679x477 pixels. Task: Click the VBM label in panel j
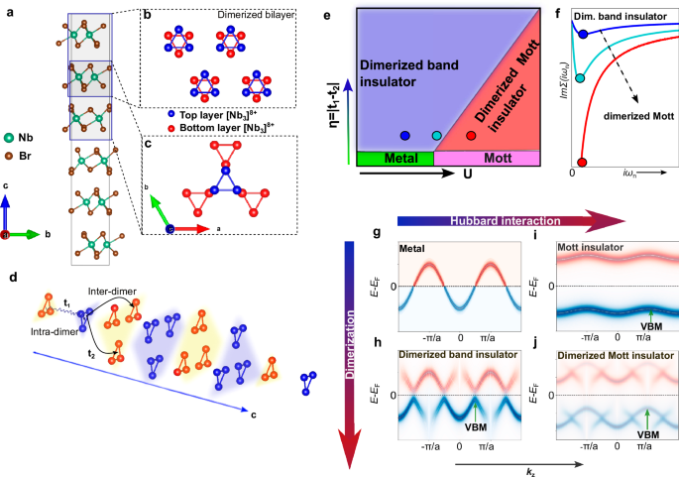[x=647, y=433]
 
